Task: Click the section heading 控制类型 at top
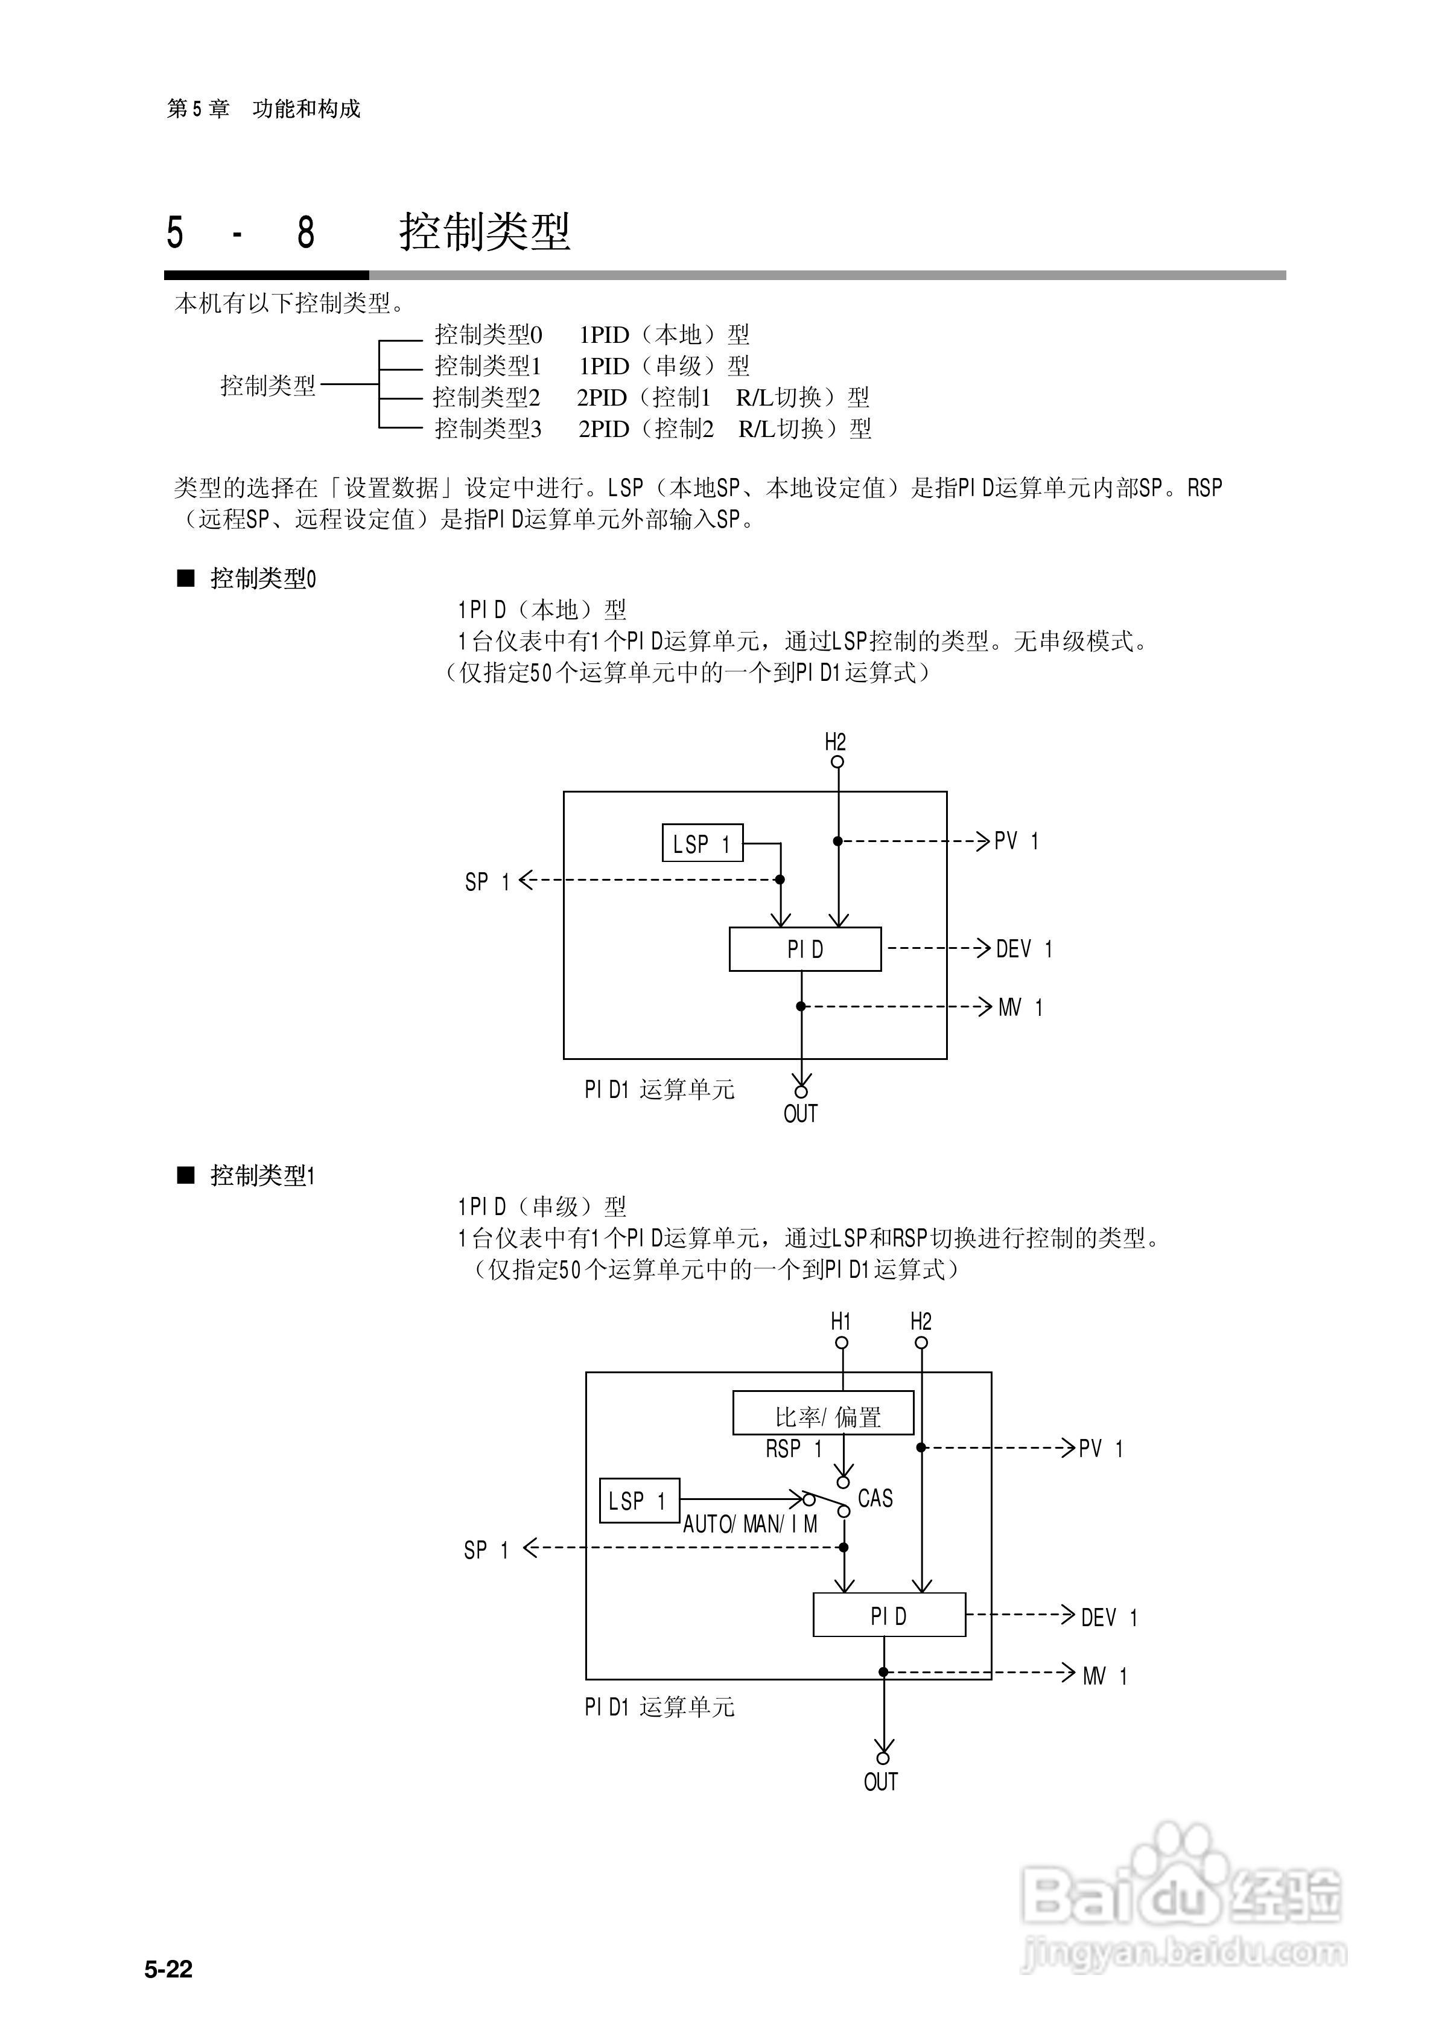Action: click(x=484, y=232)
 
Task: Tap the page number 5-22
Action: click(x=168, y=1969)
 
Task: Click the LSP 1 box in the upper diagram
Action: click(x=702, y=843)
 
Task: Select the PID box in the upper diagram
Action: click(x=805, y=949)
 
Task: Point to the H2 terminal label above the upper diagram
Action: click(x=835, y=742)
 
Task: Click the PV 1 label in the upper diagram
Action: click(x=1016, y=841)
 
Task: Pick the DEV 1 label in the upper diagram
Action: click(x=1023, y=949)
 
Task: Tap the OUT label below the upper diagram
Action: click(x=800, y=1114)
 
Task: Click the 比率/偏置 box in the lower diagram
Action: click(x=824, y=1417)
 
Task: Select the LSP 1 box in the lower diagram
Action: click(x=638, y=1501)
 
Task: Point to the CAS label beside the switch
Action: click(x=875, y=1498)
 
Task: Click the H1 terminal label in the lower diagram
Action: click(x=840, y=1322)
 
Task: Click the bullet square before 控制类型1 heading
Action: click(x=186, y=1175)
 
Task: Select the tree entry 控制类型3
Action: click(x=488, y=429)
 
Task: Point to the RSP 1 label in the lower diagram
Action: click(x=793, y=1449)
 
